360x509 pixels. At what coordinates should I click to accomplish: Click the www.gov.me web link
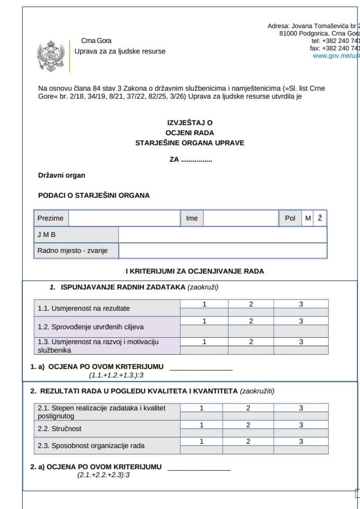coord(336,56)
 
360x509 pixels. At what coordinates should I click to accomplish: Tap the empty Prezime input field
coord(124,218)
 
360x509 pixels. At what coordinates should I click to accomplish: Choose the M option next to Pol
coord(308,218)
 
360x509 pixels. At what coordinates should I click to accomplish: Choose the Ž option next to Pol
coord(320,218)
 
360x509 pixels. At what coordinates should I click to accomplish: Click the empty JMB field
coord(222,234)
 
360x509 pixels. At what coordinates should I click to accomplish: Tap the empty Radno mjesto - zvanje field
coord(222,250)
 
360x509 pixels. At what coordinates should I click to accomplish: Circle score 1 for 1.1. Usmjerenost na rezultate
coord(204,304)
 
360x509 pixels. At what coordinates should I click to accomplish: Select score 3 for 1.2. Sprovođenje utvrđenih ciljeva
coord(301,321)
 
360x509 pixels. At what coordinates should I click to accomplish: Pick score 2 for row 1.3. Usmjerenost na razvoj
coord(251,342)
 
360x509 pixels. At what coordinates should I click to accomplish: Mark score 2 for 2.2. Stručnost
coord(248,425)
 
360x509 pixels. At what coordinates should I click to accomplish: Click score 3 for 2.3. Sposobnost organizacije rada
coord(301,442)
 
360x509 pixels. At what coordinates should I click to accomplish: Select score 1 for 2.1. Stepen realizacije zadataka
coord(201,408)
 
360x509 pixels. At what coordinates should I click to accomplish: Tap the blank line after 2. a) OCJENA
coord(199,468)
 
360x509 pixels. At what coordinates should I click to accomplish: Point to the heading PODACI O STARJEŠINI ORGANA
coord(94,195)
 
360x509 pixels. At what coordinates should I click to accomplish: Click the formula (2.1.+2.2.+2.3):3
coord(103,475)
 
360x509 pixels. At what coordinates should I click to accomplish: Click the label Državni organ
coord(62,175)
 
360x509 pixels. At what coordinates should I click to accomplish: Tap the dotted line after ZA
coord(197,159)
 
